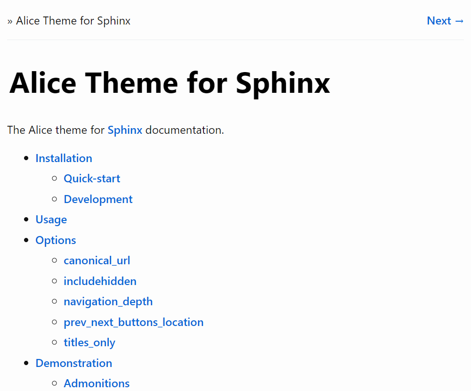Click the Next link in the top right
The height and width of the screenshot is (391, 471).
[x=445, y=21]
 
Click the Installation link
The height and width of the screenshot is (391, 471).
[x=64, y=158]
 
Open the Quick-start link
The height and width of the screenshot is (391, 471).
[x=92, y=179]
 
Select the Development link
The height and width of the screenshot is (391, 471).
[x=98, y=199]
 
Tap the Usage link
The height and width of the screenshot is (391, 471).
[x=51, y=220]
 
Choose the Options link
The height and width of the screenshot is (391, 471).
[x=56, y=240]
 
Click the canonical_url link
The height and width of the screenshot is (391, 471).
[x=97, y=261]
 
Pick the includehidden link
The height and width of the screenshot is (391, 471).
[x=100, y=281]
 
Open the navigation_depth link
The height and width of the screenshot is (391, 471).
[x=108, y=302]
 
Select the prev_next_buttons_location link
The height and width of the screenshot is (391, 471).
[x=134, y=322]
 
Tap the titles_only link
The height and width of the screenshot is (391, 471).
[x=89, y=342]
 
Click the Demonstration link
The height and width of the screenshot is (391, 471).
[x=73, y=363]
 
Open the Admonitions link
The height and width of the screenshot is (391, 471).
[x=97, y=383]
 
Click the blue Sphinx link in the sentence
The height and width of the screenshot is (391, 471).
[x=125, y=130]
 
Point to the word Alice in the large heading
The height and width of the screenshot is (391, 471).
[x=43, y=83]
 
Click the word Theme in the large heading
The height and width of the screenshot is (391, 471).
[x=131, y=83]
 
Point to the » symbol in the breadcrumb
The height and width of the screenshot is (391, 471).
[x=10, y=21]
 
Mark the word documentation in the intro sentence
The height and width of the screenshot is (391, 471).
[x=185, y=130]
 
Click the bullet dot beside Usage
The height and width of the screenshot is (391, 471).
[x=26, y=220]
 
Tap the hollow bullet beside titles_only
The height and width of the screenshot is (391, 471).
[x=54, y=342]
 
